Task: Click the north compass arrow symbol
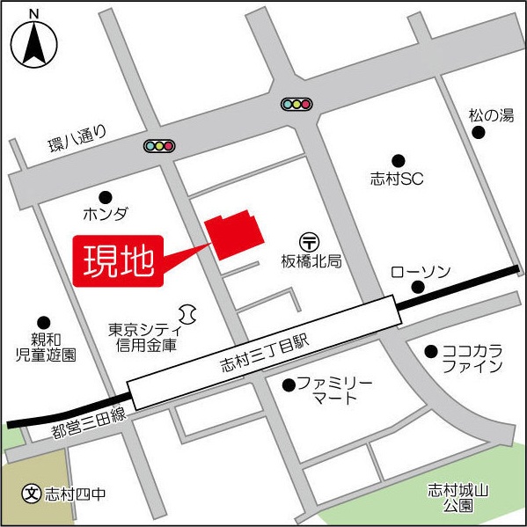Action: [34, 43]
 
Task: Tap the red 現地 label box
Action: [119, 260]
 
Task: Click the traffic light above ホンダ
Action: [159, 145]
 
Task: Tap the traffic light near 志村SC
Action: [296, 104]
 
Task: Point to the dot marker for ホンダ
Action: [106, 196]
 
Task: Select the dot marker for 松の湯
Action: [479, 132]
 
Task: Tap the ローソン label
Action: [420, 269]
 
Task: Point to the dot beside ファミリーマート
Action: [288, 384]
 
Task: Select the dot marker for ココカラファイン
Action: [431, 351]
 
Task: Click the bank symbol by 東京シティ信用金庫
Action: [187, 312]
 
